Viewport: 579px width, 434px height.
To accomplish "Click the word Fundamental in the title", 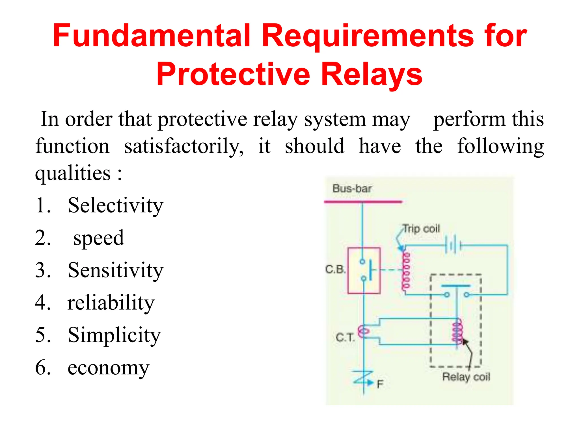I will tap(152, 36).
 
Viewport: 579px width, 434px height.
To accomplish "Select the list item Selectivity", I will tap(115, 205).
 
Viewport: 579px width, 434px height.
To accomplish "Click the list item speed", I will tap(98, 238).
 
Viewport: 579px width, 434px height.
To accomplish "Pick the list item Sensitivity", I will tap(115, 270).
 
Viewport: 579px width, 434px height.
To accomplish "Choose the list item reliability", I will tap(111, 303).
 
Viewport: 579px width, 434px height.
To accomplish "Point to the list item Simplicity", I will tap(114, 335).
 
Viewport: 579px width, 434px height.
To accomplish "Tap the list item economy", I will tap(108, 368).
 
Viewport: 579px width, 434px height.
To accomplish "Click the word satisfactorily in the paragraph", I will tap(183, 146).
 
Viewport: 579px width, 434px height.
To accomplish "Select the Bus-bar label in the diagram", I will tap(352, 188).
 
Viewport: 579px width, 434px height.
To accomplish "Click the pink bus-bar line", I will tap(363, 202).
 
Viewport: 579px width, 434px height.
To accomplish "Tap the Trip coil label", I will tap(421, 228).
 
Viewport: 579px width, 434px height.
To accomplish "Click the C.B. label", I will tap(335, 269).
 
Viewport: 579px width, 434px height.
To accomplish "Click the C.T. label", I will tap(345, 337).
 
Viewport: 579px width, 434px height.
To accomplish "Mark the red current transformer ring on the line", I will tap(363, 331).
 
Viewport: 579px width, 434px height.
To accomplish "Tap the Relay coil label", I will tap(466, 377).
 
